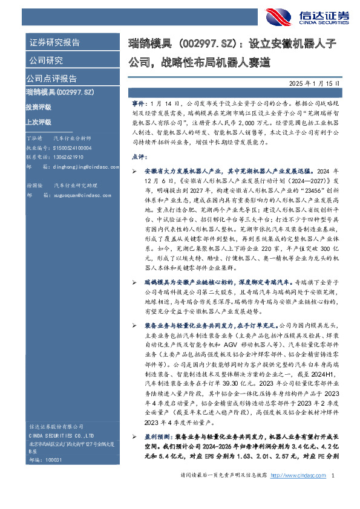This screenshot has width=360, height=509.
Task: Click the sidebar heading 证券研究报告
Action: (x=54, y=43)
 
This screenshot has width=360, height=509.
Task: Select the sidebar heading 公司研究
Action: (x=46, y=60)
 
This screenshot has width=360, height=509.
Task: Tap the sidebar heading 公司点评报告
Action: (x=51, y=79)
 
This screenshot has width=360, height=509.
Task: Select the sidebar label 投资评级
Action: (x=38, y=106)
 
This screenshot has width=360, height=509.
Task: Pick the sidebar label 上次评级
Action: (x=38, y=120)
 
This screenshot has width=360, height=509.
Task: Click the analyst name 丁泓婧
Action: (x=36, y=138)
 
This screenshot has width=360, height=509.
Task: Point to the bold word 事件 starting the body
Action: (x=139, y=104)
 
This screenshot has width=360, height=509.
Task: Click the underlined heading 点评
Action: (x=139, y=156)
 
